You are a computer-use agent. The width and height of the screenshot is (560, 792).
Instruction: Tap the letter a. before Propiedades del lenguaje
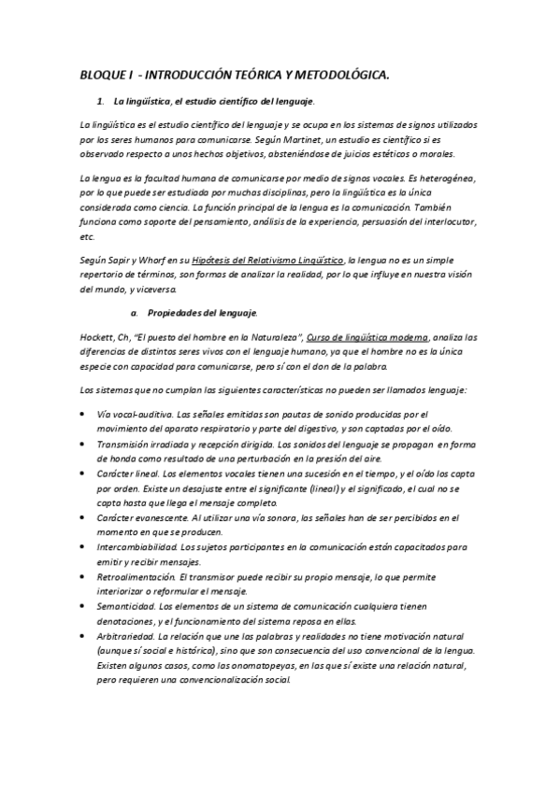tap(136, 311)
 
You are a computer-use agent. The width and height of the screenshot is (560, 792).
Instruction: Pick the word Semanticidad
tap(126, 608)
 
